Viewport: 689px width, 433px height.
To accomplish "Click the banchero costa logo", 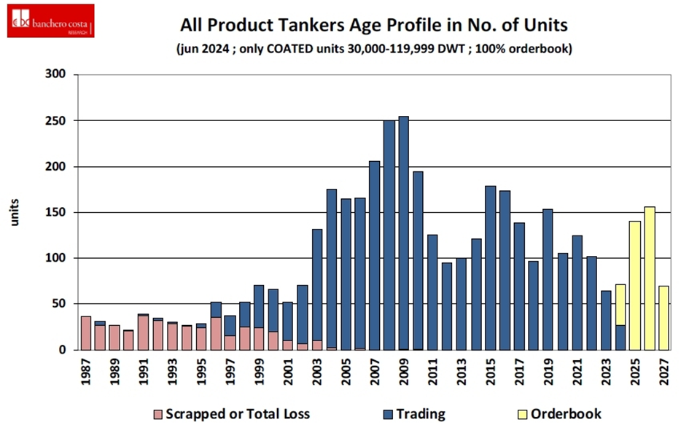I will [x=50, y=21].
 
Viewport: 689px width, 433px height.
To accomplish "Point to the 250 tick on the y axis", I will [x=56, y=120].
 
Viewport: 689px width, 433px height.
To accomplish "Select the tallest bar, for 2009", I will [x=403, y=233].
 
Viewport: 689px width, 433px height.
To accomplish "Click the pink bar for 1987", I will [x=86, y=332].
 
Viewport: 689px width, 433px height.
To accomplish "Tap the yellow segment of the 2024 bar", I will [x=620, y=300].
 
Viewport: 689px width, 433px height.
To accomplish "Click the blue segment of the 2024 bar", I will [x=620, y=337].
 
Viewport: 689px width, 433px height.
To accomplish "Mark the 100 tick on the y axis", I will [x=56, y=258].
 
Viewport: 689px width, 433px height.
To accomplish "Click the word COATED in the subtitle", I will [x=310, y=50].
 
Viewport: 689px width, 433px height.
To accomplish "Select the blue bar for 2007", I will [x=374, y=255].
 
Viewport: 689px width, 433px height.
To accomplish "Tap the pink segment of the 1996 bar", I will [x=216, y=333].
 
